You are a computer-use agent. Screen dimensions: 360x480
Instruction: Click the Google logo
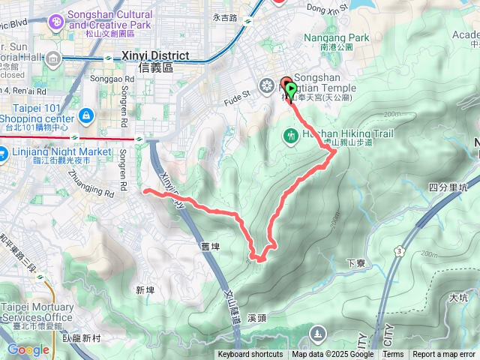pyautogui.click(x=28, y=349)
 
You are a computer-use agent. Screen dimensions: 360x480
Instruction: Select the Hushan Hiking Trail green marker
pyautogui.click(x=291, y=136)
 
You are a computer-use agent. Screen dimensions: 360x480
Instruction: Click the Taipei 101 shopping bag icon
pyautogui.click(x=87, y=117)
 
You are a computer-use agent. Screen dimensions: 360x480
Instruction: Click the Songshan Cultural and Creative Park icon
pyautogui.click(x=55, y=22)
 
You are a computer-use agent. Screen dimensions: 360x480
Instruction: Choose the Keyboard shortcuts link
pyautogui.click(x=250, y=355)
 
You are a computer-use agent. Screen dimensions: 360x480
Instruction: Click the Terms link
pyautogui.click(x=393, y=355)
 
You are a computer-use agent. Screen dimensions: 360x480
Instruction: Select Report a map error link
pyautogui.click(x=444, y=355)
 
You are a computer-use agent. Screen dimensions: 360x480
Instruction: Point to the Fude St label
pyautogui.click(x=236, y=95)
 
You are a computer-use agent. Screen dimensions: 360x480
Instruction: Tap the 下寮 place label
pyautogui.click(x=355, y=263)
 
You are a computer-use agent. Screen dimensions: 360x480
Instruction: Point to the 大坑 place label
pyautogui.click(x=458, y=298)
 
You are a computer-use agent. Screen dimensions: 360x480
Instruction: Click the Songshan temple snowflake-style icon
pyautogui.click(x=265, y=85)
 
